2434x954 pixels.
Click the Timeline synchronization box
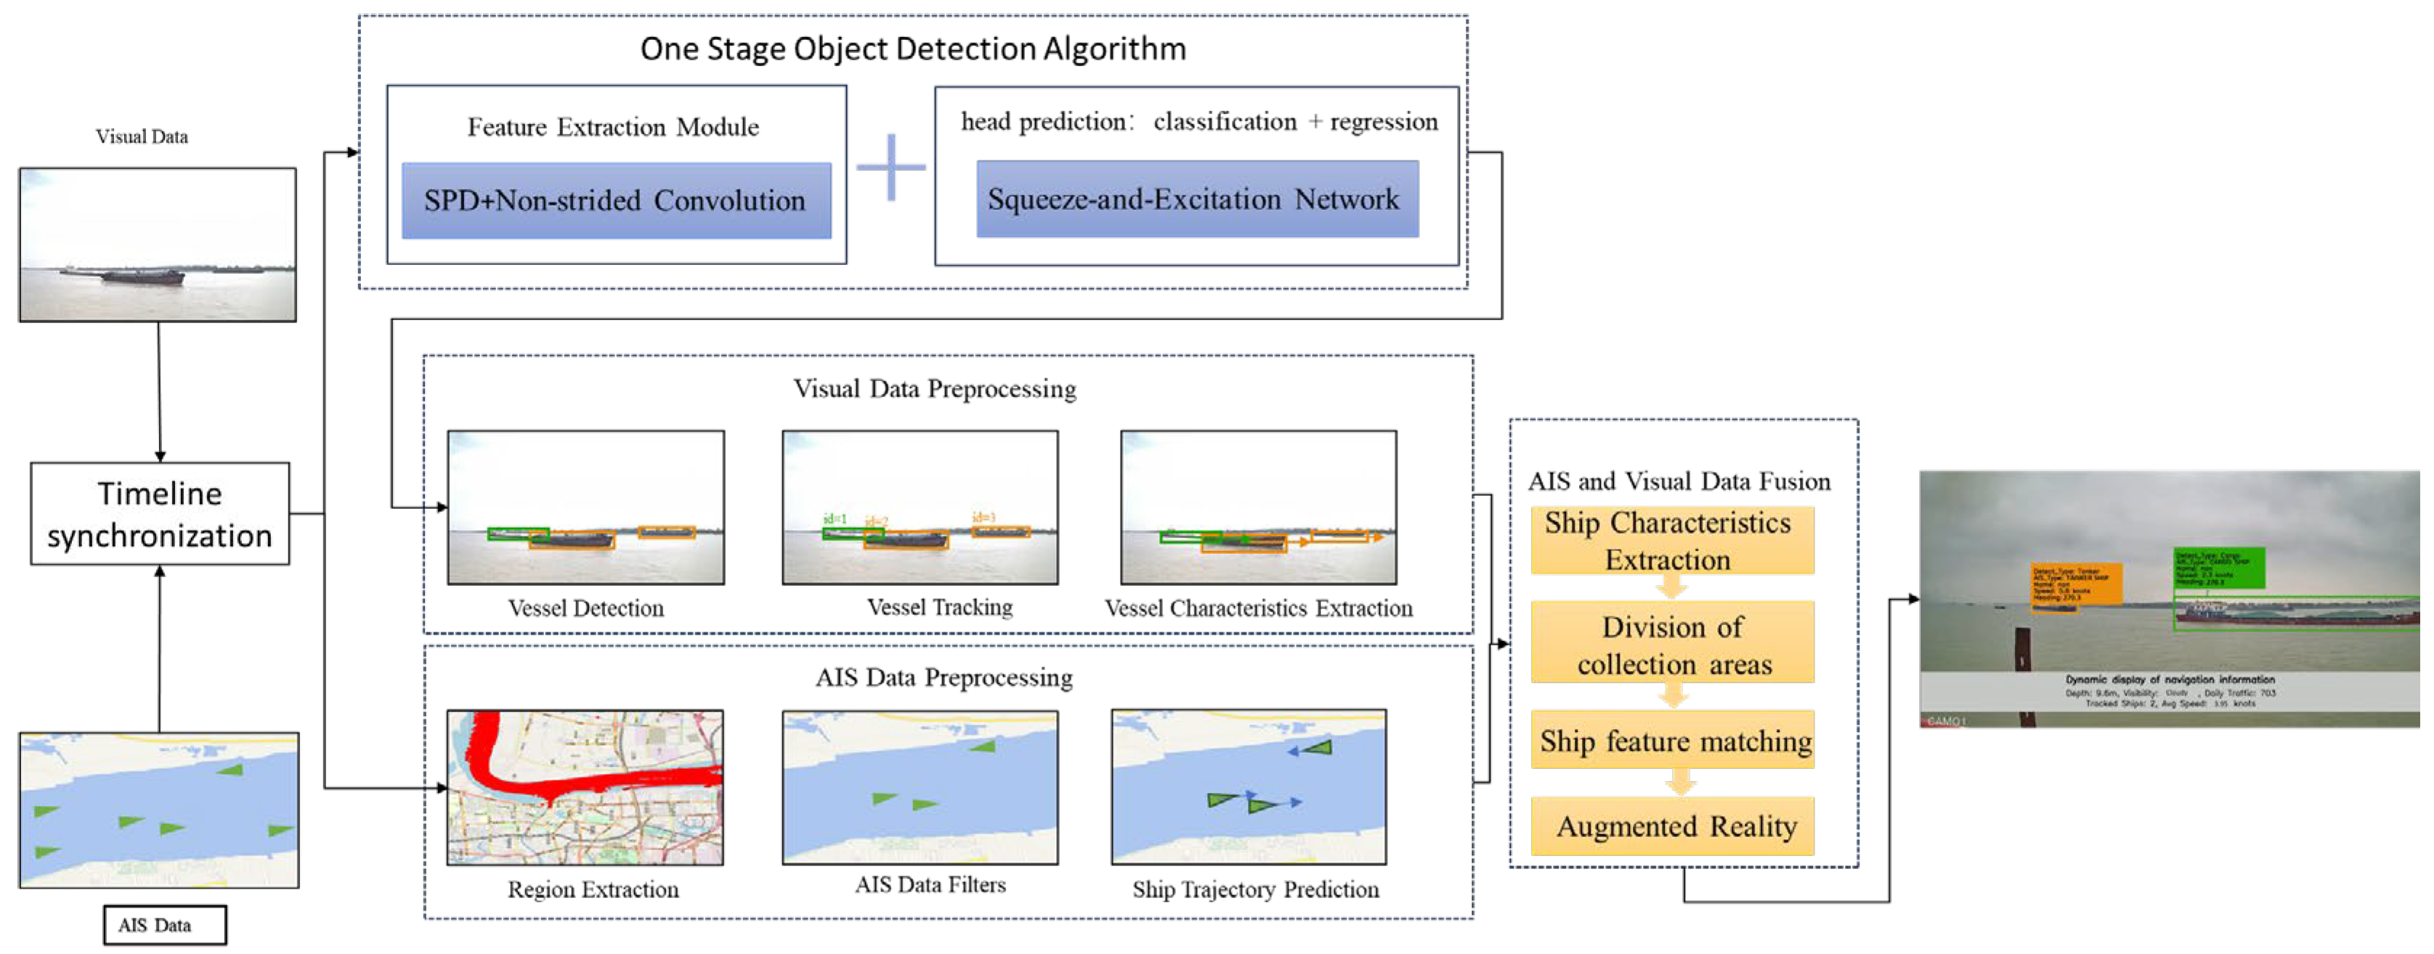click(x=160, y=514)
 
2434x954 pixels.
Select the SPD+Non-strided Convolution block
click(x=616, y=200)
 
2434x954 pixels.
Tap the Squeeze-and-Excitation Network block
click(x=1196, y=200)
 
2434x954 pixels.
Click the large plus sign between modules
click(x=890, y=167)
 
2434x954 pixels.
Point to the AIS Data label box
click(x=164, y=925)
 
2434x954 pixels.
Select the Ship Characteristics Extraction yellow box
click(x=1671, y=540)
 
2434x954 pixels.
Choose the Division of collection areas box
click(x=1671, y=644)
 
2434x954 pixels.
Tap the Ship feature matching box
click(x=1674, y=741)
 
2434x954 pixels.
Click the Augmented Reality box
click(x=1674, y=826)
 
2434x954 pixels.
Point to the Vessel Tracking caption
click(x=939, y=608)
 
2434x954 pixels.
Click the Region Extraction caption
click(x=593, y=889)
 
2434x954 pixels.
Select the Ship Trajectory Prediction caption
click(x=1255, y=889)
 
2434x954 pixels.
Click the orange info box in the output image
click(x=2076, y=584)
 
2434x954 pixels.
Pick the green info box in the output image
click(x=2218, y=567)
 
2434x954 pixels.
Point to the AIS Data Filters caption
click(x=930, y=885)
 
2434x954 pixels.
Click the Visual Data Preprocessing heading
click(x=933, y=389)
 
